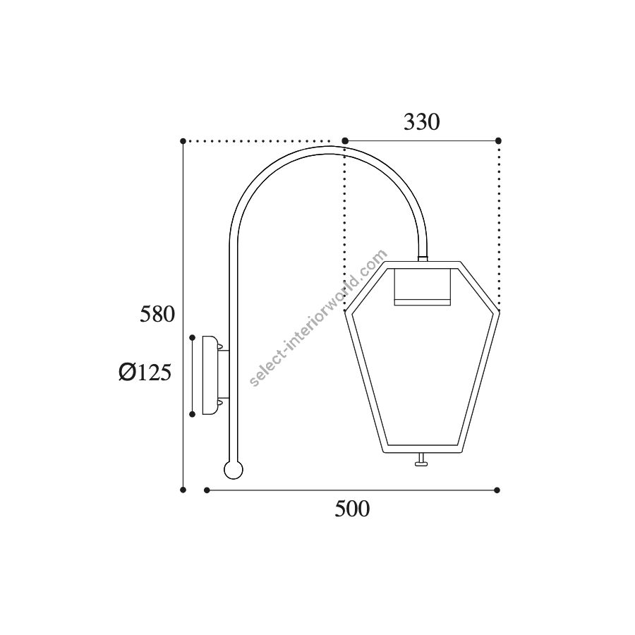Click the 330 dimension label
click(x=422, y=122)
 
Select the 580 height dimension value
click(x=157, y=314)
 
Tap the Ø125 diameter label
click(x=145, y=372)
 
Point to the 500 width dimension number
click(x=352, y=509)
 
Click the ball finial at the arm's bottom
click(x=234, y=470)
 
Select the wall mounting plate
click(x=210, y=375)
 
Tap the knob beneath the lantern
click(x=421, y=460)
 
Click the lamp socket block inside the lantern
click(x=423, y=286)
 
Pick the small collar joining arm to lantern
click(x=423, y=258)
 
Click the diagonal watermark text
click(x=318, y=317)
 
